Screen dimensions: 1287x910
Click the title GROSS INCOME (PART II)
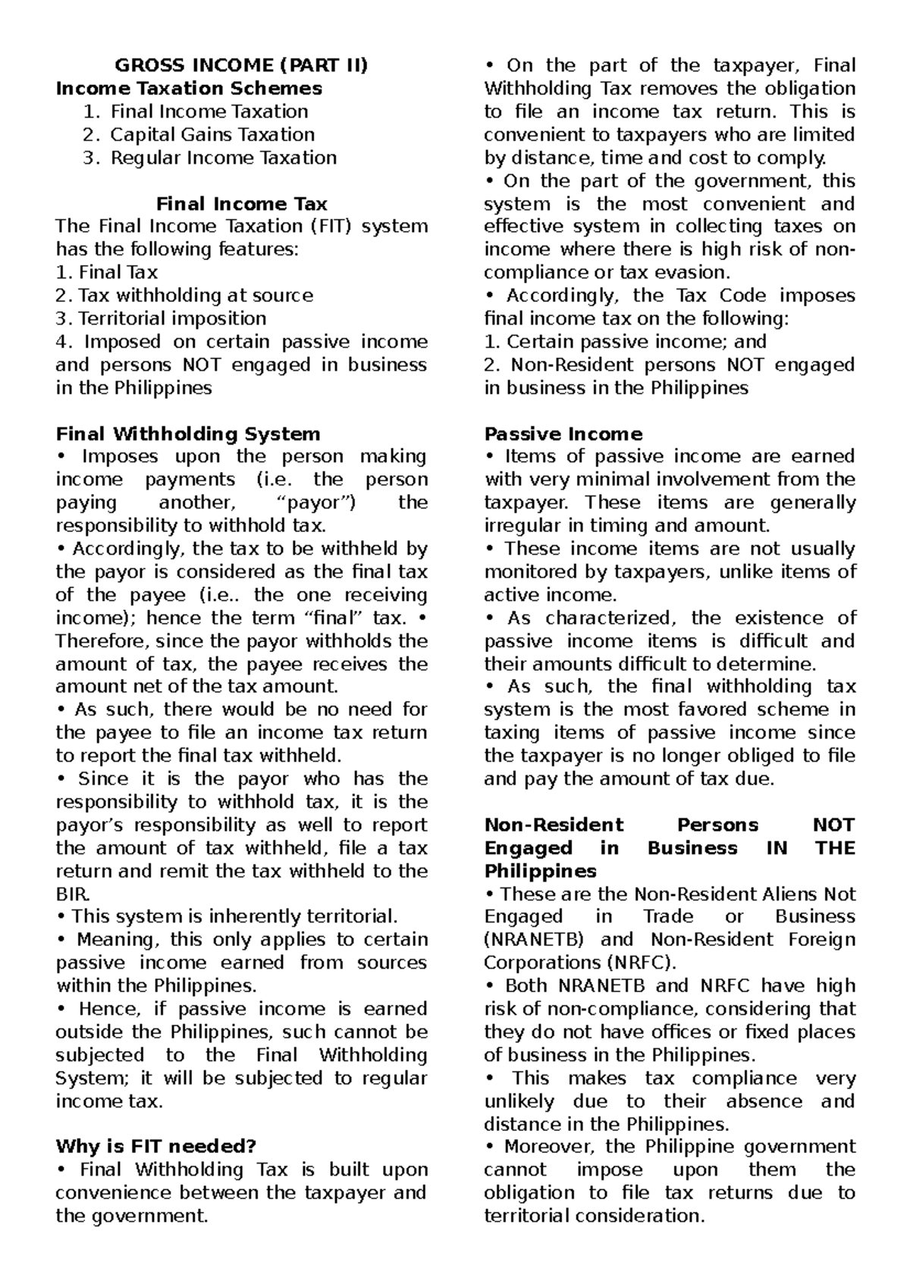pos(240,65)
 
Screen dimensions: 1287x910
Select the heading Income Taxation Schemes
pos(189,89)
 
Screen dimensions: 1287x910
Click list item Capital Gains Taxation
pos(212,135)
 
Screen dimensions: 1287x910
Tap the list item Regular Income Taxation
pos(223,158)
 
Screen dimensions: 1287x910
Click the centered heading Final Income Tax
pos(241,204)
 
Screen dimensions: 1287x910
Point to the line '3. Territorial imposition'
pos(161,318)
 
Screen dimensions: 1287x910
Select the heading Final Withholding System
pos(188,434)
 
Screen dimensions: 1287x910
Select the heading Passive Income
pos(563,434)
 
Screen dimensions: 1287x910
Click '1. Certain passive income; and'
pos(625,342)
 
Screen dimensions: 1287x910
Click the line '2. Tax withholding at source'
pos(184,296)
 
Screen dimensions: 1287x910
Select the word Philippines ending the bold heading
pos(540,870)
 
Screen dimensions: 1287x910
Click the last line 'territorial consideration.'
pos(594,1216)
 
